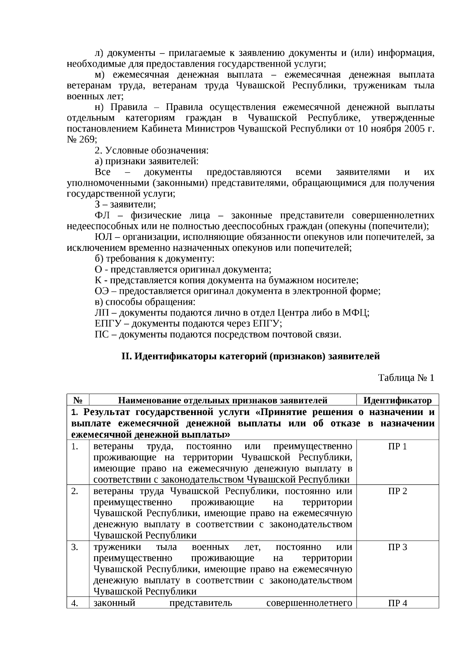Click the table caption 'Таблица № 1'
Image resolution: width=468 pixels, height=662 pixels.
(406, 378)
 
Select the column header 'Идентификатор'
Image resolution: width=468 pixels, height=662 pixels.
(397, 400)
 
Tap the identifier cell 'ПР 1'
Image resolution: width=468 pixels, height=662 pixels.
(397, 447)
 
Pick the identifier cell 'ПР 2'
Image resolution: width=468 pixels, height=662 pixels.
(397, 491)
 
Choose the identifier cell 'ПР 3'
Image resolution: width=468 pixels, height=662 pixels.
(397, 547)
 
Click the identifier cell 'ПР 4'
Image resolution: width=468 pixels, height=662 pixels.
(397, 603)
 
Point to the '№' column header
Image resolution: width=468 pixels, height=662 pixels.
(78, 400)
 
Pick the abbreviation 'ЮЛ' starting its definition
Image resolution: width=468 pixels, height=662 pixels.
(102, 237)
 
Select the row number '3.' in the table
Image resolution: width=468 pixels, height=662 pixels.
(74, 547)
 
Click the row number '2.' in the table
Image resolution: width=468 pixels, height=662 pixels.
(74, 491)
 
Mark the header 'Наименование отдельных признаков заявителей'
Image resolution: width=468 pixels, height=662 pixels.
(222, 400)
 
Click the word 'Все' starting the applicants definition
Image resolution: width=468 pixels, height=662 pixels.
(103, 172)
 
